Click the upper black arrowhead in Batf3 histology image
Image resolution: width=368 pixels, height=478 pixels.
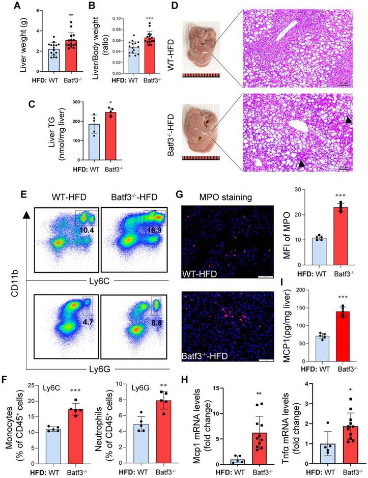[348, 120]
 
